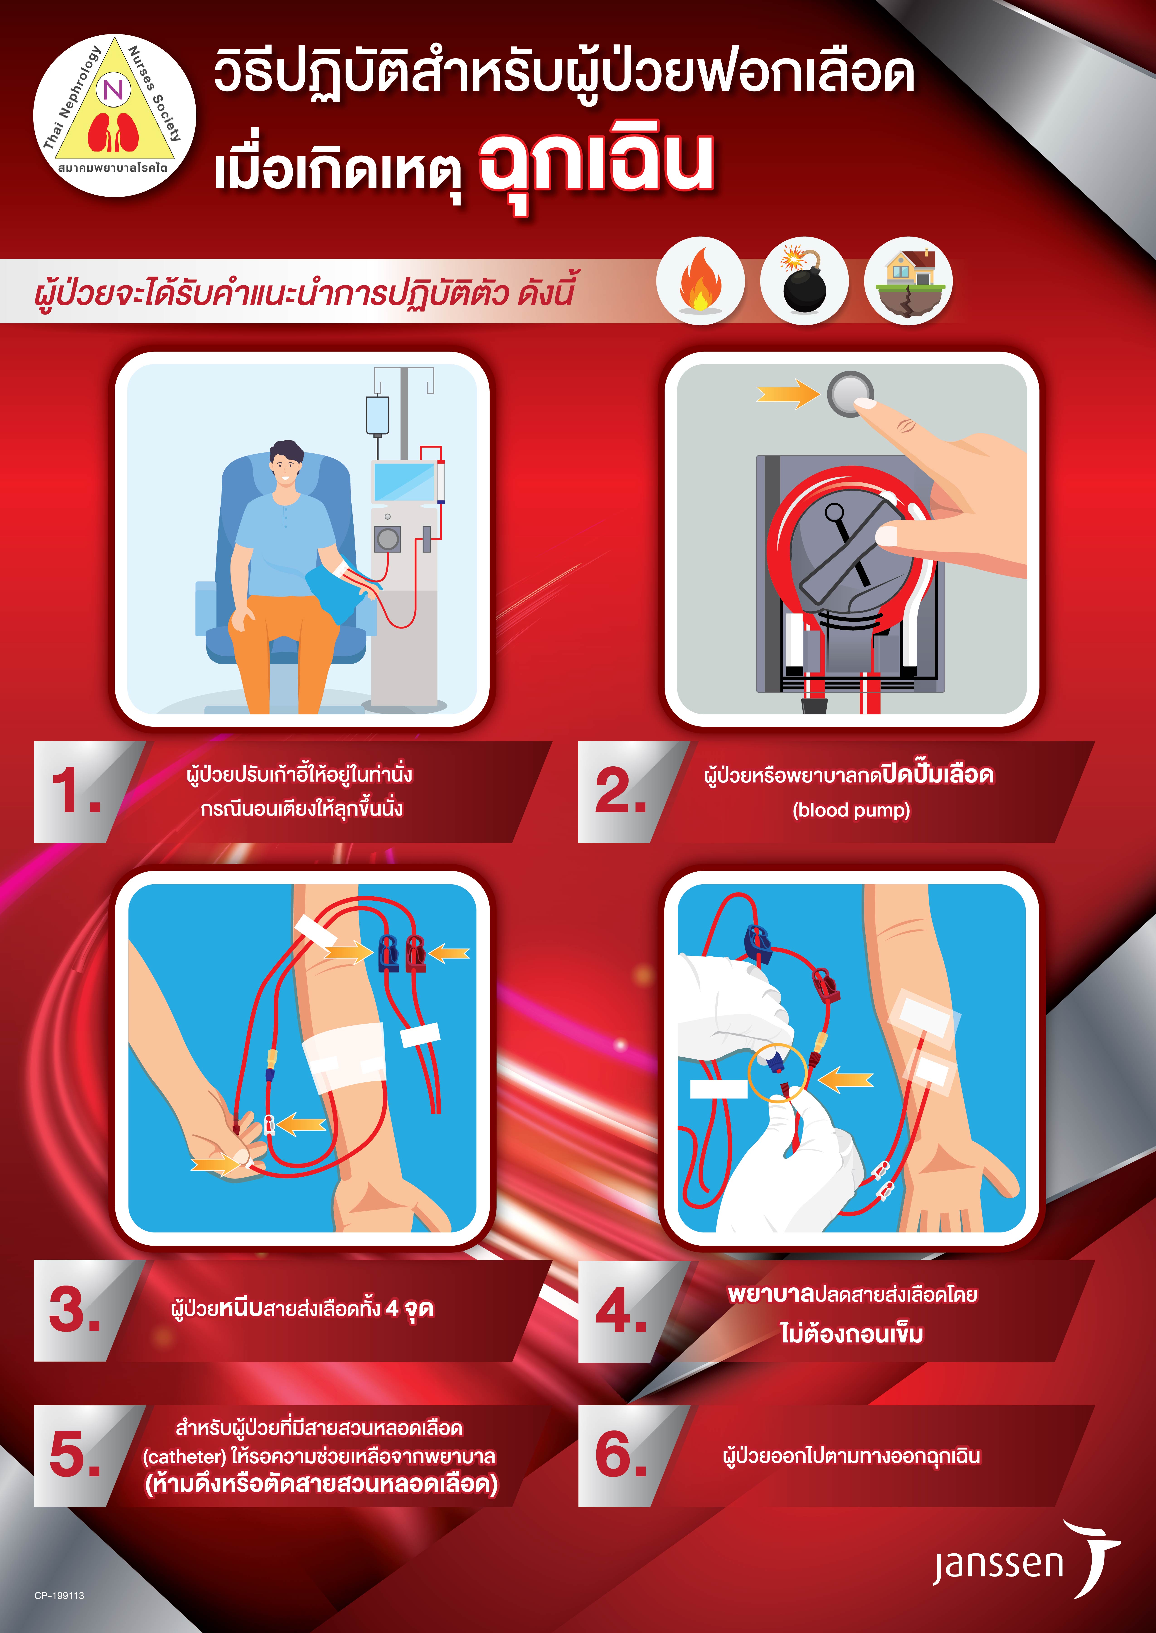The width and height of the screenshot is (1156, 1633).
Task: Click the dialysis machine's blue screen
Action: (404, 482)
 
